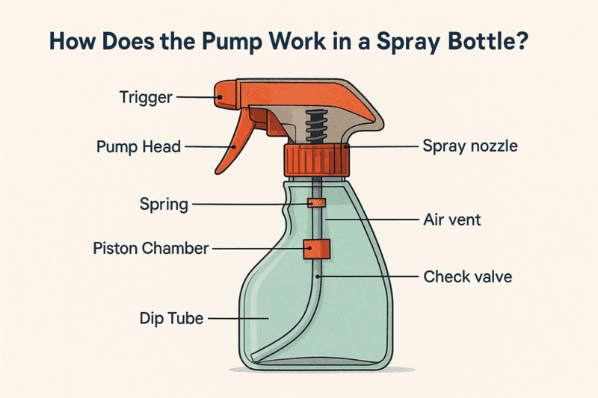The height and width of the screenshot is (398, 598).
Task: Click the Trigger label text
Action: (146, 98)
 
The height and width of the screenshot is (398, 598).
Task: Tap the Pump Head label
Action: (138, 146)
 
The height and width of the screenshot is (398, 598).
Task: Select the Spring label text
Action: (164, 205)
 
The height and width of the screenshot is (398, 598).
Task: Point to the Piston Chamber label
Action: (151, 249)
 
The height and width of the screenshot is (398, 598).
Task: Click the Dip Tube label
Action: (172, 318)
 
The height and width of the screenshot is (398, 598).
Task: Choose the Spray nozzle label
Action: (470, 146)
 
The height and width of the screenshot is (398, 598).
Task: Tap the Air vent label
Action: (452, 220)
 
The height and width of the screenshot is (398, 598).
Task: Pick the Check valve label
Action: (468, 277)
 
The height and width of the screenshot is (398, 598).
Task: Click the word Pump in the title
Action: (232, 42)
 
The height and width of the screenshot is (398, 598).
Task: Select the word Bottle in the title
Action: (479, 41)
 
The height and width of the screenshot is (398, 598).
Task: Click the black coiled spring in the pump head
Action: (316, 126)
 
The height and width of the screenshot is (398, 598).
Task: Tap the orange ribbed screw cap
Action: (316, 161)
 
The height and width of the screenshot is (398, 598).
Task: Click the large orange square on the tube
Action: (316, 249)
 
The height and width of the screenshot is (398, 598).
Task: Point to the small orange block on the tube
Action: (316, 203)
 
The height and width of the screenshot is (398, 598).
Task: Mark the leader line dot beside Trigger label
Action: (220, 97)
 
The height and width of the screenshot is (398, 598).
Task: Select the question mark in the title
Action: (520, 41)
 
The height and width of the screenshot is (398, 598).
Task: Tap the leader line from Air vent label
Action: (372, 220)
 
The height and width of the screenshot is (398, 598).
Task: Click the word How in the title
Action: (72, 41)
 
